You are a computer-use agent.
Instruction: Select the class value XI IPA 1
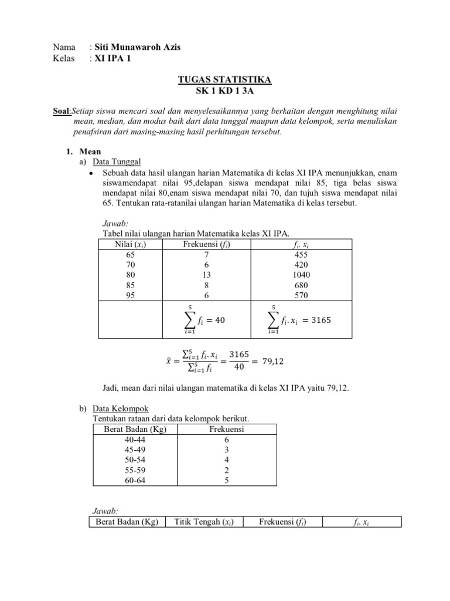[x=113, y=58]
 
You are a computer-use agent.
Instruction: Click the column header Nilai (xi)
[x=129, y=245]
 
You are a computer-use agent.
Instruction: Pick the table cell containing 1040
[x=301, y=275]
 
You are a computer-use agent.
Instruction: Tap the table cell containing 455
[x=301, y=255]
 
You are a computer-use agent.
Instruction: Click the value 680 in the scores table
[x=301, y=285]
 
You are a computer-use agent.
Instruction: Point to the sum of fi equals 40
[x=202, y=320]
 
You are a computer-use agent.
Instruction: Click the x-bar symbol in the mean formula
[x=169, y=362]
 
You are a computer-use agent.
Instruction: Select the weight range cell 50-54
[x=129, y=459]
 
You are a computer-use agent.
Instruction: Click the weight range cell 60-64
[x=129, y=480]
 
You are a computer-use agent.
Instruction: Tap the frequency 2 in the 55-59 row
[x=226, y=470]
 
